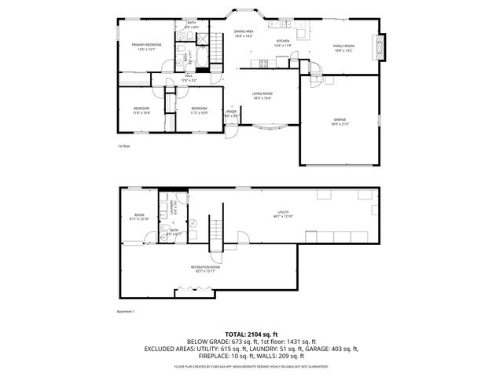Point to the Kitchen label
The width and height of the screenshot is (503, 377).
pos(282,42)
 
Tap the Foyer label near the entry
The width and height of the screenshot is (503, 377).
pos(232,113)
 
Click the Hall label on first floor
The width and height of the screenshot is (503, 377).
pos(189,77)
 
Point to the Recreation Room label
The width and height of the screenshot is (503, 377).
pos(205,269)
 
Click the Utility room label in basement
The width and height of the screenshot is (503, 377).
pos(282,214)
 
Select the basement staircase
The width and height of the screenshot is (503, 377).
pos(218,229)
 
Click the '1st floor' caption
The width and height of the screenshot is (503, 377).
pos(123,146)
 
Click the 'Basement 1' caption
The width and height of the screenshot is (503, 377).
pos(127,312)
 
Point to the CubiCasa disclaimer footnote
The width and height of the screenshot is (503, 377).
pos(251,366)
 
